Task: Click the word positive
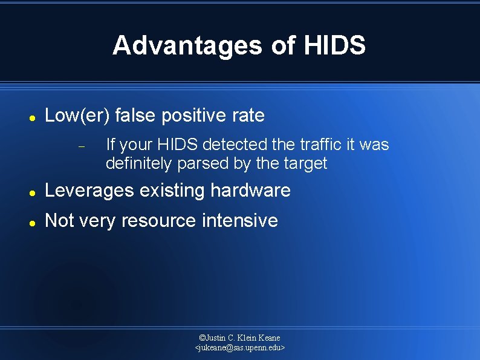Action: [x=197, y=116]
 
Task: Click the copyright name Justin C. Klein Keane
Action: [x=240, y=338]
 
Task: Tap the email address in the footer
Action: [x=240, y=348]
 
